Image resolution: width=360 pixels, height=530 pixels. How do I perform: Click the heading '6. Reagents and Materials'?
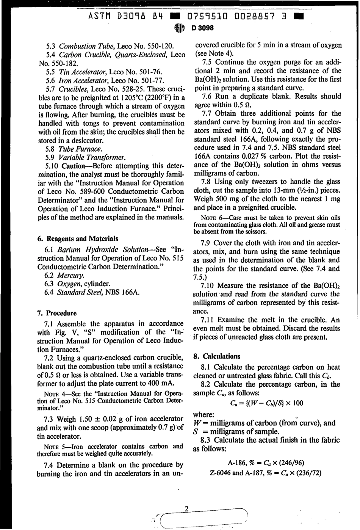tap(78, 239)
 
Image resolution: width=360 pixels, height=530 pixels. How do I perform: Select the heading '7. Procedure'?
tap(57, 313)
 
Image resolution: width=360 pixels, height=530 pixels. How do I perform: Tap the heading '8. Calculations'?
tap(216, 356)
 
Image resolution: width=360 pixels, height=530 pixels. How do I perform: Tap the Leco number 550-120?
tap(154, 46)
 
